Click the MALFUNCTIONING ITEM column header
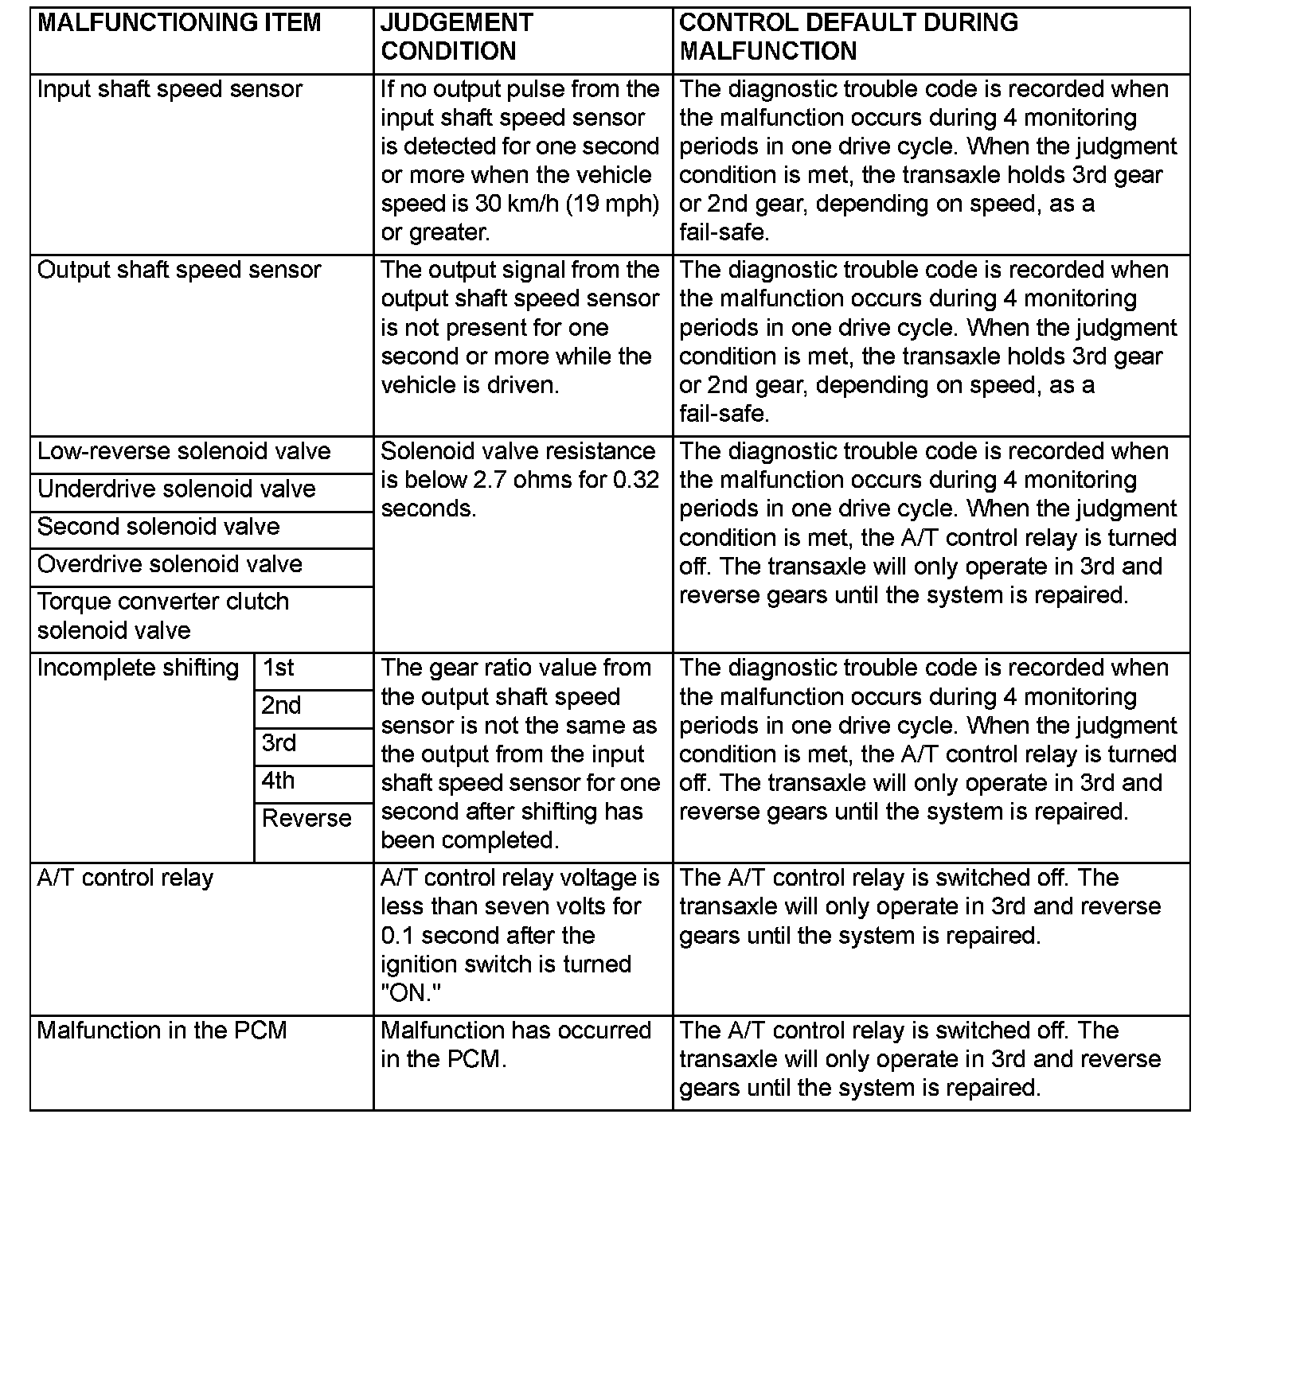(179, 23)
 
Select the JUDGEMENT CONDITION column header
(456, 37)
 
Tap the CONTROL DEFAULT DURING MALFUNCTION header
(848, 37)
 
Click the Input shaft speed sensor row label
(170, 89)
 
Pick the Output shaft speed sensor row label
(179, 270)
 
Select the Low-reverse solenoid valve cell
(184, 451)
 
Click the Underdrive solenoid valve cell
(177, 489)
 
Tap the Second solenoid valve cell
(158, 527)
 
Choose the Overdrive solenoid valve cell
(170, 564)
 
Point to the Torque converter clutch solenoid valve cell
(163, 616)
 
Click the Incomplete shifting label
(138, 668)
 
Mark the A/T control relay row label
(125, 878)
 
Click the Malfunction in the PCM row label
(162, 1030)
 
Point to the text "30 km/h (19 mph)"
(567, 204)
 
